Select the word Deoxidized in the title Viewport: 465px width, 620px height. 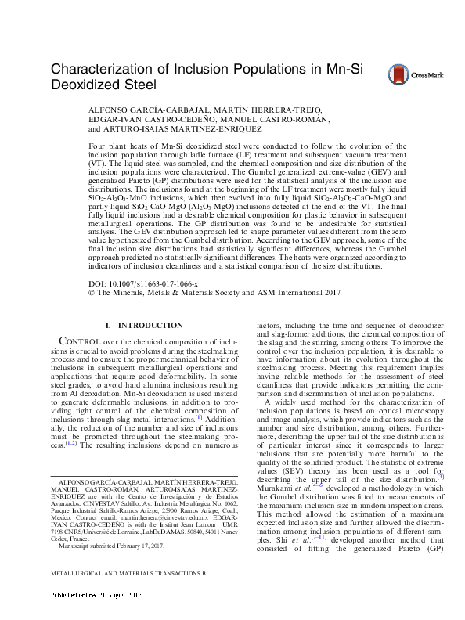point(87,85)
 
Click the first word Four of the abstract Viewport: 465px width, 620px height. point(99,146)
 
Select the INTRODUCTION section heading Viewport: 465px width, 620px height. point(149,325)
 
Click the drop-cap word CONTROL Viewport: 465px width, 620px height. point(81,341)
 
